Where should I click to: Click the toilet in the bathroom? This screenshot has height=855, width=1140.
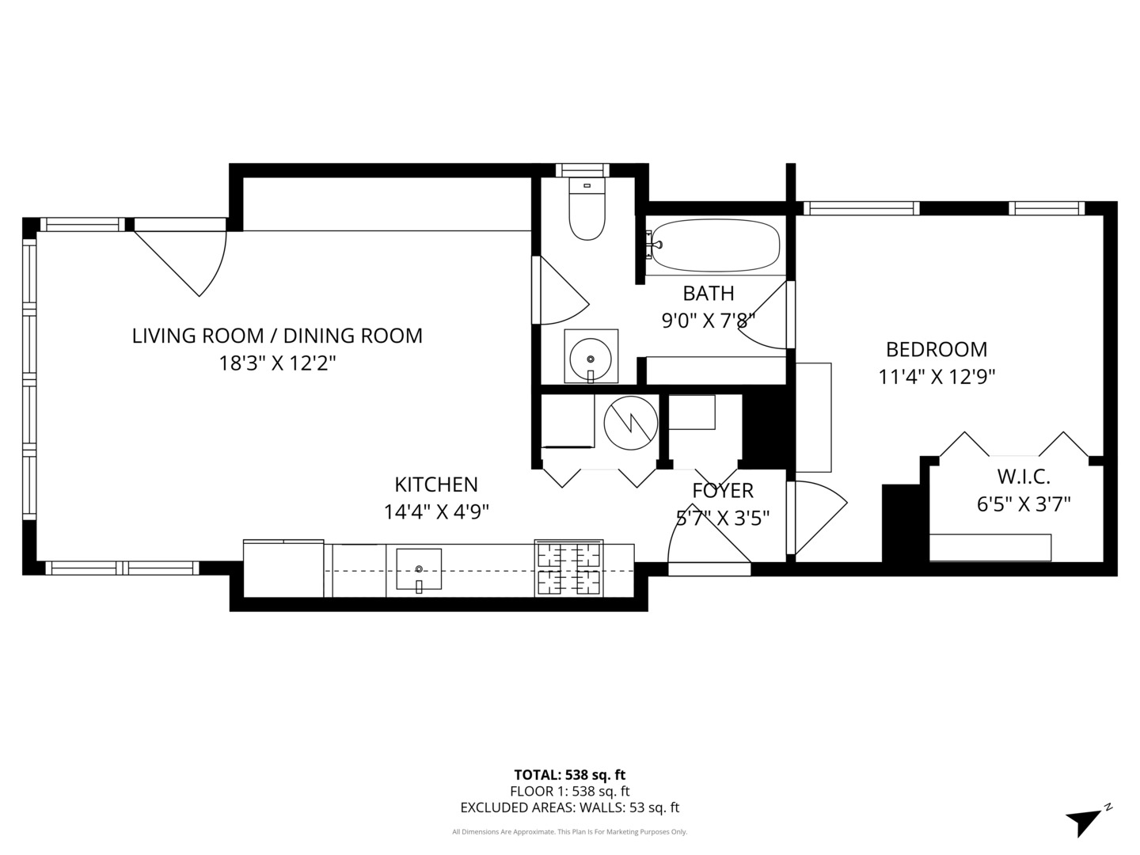[x=587, y=211]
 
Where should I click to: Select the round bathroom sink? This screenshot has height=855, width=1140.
[x=591, y=357]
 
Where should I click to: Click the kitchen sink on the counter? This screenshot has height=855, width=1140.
[x=418, y=570]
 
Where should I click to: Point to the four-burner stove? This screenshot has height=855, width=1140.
[x=568, y=568]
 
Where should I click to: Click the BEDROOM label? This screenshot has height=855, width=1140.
[x=936, y=349]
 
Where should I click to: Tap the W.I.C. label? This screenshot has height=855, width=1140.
[x=1023, y=477]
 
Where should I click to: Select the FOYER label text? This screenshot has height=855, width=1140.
[x=722, y=491]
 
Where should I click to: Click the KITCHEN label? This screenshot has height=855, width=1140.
[x=436, y=484]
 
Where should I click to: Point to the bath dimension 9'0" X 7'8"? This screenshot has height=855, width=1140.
[x=709, y=321]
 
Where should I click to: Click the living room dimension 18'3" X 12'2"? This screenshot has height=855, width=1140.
[x=277, y=363]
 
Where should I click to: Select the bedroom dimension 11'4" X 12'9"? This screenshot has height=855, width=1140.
[x=936, y=377]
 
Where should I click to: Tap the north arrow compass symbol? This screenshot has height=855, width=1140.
[x=1085, y=821]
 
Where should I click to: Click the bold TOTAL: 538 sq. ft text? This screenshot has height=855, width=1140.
[x=569, y=775]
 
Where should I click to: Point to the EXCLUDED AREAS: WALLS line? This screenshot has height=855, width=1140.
[x=569, y=807]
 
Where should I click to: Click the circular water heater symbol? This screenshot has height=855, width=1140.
[x=630, y=423]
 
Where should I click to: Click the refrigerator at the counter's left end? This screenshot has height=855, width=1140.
[x=283, y=568]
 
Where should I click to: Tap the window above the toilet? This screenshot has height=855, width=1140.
[x=583, y=170]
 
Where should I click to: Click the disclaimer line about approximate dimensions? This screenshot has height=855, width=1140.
[x=569, y=832]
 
